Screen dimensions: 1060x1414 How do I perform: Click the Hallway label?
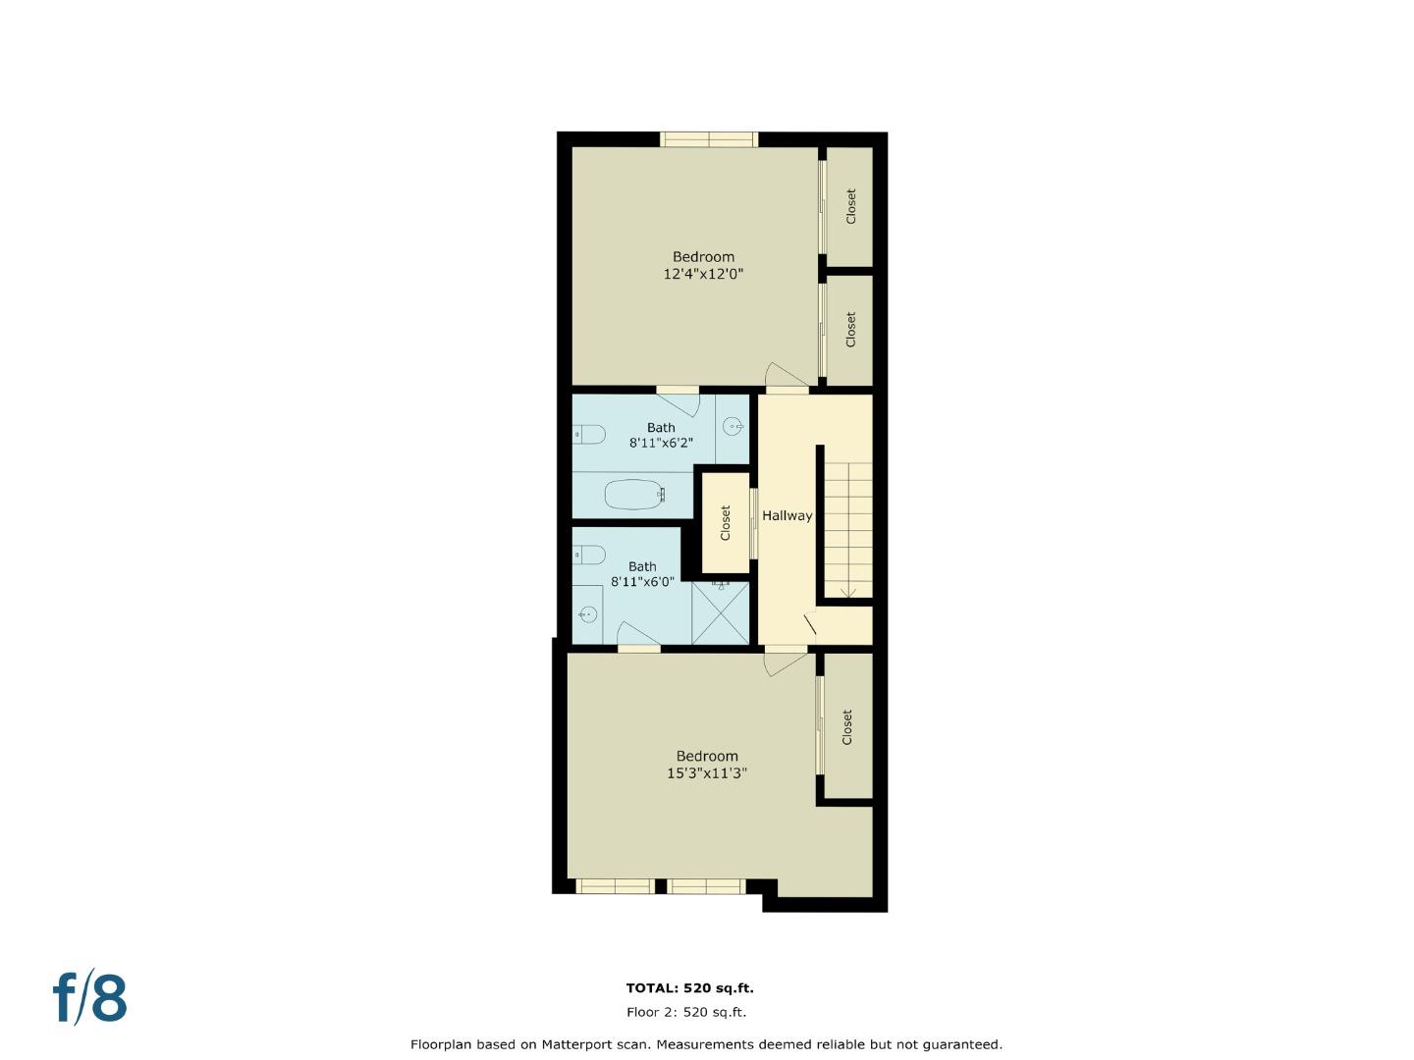[787, 515]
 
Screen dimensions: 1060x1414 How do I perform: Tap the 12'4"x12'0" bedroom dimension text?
[703, 275]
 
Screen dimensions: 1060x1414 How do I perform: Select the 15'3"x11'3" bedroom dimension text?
[707, 773]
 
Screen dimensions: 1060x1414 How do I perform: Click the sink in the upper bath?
[733, 426]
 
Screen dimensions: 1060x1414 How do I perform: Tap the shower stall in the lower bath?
[720, 613]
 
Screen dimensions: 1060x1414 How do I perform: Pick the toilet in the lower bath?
[589, 556]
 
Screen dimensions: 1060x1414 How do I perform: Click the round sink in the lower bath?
[588, 614]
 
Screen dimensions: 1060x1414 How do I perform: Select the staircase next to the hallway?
[847, 530]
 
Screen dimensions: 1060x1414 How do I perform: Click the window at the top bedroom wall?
[708, 139]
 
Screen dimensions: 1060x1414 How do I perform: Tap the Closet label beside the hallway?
[726, 523]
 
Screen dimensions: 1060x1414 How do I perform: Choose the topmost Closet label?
[850, 206]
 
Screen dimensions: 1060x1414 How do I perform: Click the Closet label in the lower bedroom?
[846, 727]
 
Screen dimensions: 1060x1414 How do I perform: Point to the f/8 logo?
[90, 998]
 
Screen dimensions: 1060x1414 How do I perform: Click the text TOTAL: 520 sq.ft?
[689, 988]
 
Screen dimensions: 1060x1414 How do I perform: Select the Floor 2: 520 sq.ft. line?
[685, 1012]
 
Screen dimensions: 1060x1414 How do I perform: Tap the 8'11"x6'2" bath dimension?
[661, 443]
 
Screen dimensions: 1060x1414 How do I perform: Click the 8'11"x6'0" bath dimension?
[642, 581]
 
